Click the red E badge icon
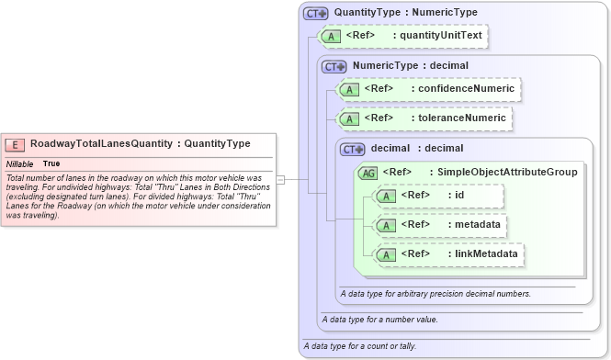click(16, 144)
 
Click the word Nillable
click(21, 163)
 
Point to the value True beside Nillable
click(51, 163)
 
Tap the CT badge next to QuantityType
click(317, 13)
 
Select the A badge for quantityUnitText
click(331, 36)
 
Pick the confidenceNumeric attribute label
click(463, 89)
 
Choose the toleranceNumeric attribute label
click(458, 118)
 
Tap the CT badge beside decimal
click(353, 148)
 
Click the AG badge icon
click(368, 172)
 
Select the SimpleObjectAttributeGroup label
click(506, 172)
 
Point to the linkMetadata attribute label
click(483, 253)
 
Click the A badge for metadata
click(388, 224)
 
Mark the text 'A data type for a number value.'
click(379, 320)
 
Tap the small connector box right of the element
click(281, 179)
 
